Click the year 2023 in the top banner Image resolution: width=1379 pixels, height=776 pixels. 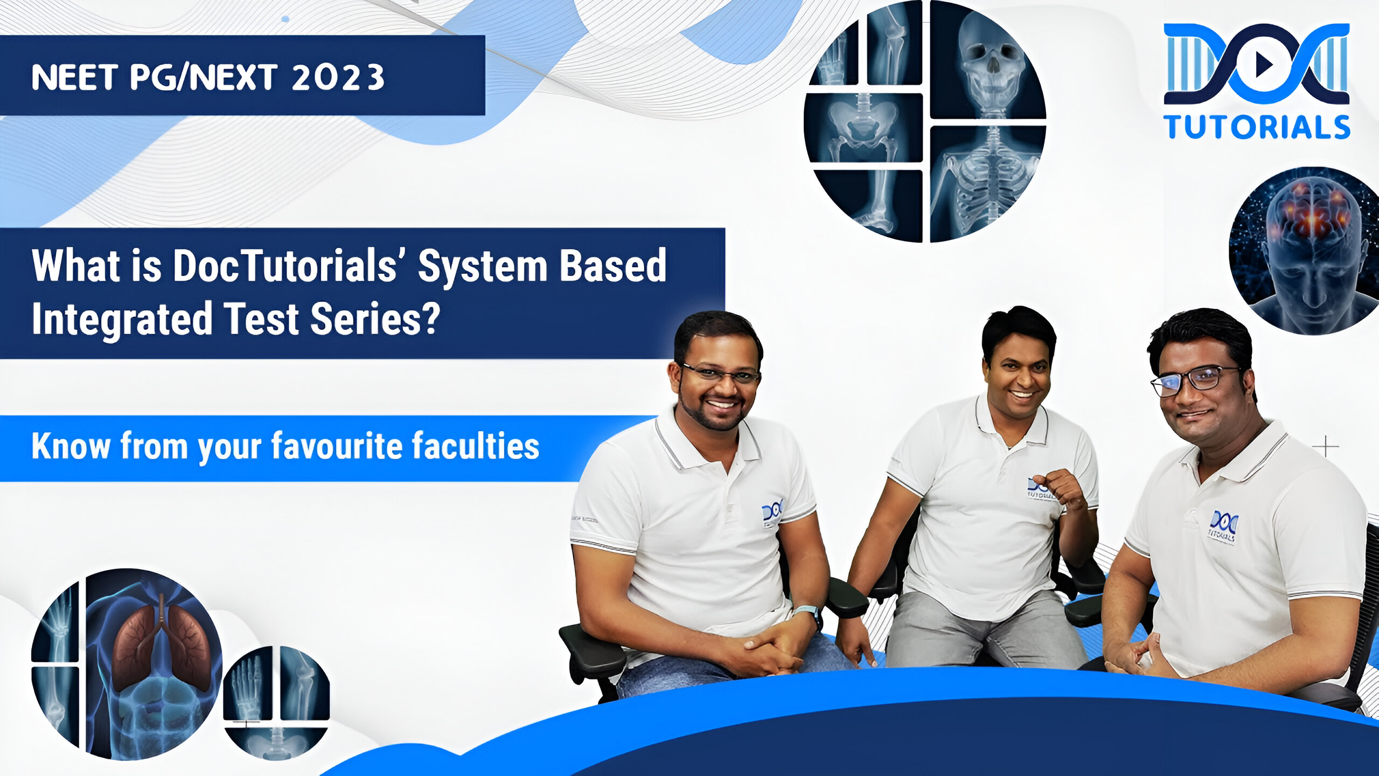338,77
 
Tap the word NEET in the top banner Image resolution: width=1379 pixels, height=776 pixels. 74,77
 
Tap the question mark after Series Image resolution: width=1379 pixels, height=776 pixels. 429,318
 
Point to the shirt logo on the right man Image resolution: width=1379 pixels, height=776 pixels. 1222,525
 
